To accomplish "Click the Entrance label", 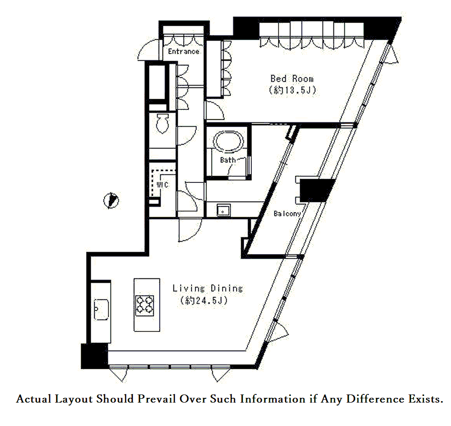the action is click(x=183, y=52).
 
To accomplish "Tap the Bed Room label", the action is click(x=292, y=78).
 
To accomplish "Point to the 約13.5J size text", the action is click(x=292, y=90).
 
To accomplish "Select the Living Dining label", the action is click(x=208, y=288).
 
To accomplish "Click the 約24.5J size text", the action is click(x=204, y=301).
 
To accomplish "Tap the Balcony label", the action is click(x=287, y=213).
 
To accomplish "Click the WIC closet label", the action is click(x=162, y=184).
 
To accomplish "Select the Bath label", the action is click(x=228, y=160).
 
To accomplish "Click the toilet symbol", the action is click(x=162, y=123).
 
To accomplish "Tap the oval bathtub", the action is click(x=228, y=142).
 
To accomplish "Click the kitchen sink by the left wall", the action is click(x=101, y=309).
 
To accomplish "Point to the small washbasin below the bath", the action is click(x=223, y=211).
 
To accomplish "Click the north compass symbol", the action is click(x=111, y=201).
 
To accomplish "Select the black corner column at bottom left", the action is click(x=94, y=356).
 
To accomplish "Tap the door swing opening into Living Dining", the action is click(x=190, y=230).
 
